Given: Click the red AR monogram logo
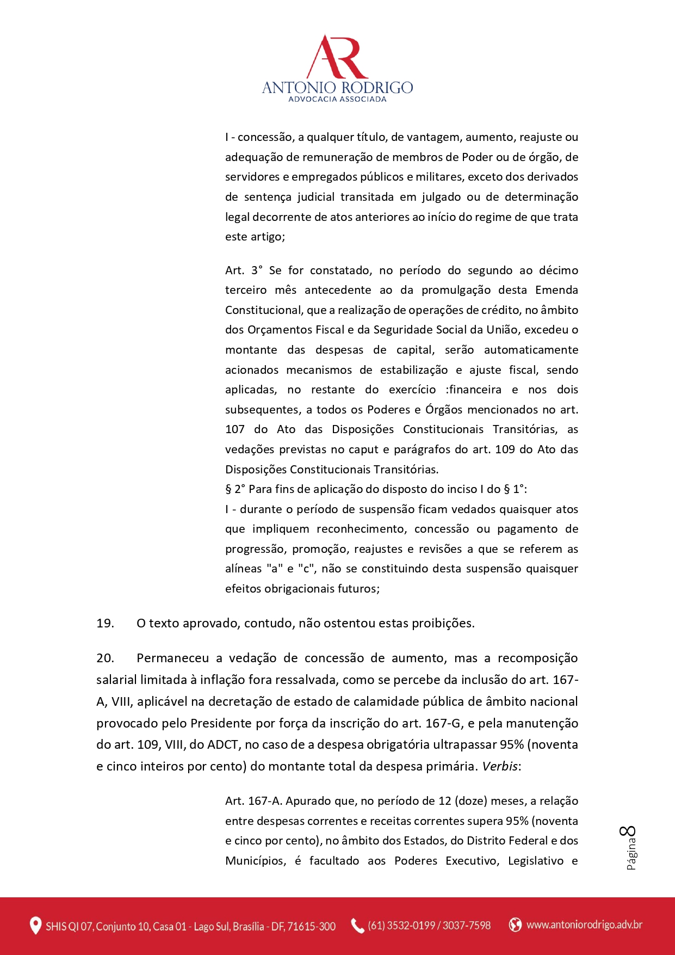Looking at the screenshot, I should point(337,58).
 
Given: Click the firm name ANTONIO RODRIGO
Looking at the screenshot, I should point(337,88).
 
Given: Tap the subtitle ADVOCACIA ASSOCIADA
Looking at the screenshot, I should point(337,100).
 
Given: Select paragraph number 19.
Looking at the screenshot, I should point(105,624).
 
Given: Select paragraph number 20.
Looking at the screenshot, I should point(105,658).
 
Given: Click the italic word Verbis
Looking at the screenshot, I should point(500,766).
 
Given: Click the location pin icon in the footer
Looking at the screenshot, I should point(35,926).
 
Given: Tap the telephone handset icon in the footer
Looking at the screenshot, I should point(357,926).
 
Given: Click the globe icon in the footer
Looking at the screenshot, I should point(515,925).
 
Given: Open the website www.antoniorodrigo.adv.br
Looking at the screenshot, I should point(584,925).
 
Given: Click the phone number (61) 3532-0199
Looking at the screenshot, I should point(401,926).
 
